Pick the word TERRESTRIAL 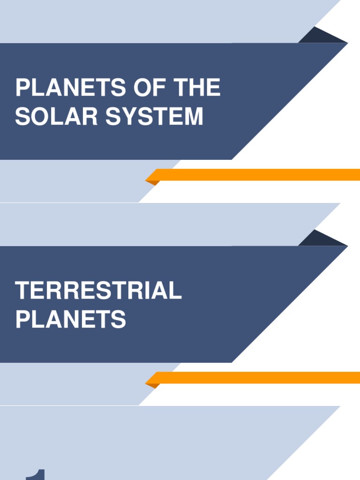[98, 291]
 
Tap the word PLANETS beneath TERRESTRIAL [71, 319]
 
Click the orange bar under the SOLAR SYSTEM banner [258, 175]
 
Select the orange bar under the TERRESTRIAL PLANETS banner [258, 377]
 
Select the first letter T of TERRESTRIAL [22, 291]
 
